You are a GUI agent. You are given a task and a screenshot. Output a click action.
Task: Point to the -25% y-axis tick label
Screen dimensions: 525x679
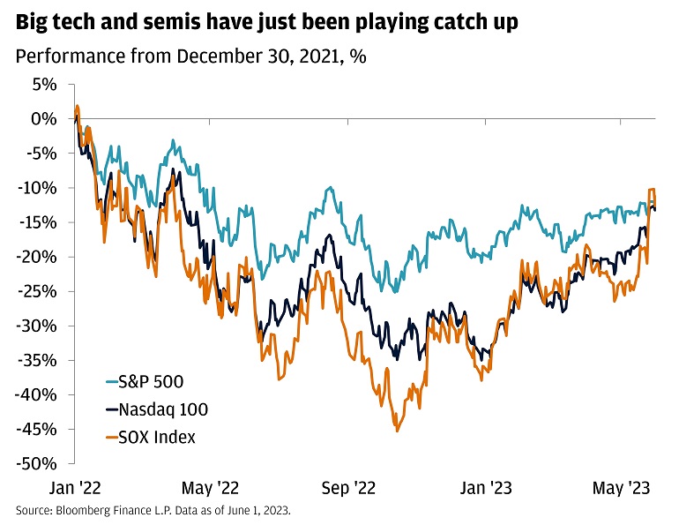(x=37, y=291)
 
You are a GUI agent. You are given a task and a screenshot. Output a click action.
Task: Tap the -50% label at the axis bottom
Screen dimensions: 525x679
(x=37, y=464)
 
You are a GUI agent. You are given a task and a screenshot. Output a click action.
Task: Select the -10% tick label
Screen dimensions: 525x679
(x=37, y=188)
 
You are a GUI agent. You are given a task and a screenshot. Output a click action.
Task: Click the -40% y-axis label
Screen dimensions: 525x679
(x=37, y=394)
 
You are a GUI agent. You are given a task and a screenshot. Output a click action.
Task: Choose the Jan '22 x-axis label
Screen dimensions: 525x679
(x=76, y=486)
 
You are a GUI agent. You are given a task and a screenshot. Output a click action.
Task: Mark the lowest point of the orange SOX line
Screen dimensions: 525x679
(x=398, y=431)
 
